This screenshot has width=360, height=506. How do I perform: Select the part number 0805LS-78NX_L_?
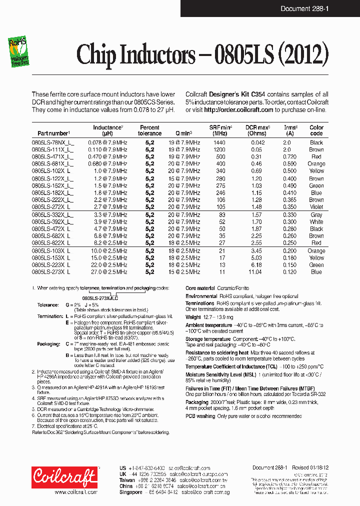click(52, 142)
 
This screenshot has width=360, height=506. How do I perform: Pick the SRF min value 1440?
click(219, 142)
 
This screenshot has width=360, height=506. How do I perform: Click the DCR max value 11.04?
click(255, 272)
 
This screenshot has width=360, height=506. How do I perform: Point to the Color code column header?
click(316, 130)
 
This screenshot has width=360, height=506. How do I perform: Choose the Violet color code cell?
click(316, 206)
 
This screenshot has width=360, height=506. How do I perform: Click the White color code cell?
click(316, 222)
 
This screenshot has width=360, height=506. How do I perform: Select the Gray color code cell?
click(316, 215)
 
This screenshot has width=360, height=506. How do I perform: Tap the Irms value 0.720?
click(290, 156)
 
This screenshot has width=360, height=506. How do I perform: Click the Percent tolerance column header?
click(149, 130)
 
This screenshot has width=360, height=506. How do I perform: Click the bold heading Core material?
click(200, 288)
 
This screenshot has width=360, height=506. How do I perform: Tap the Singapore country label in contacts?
click(131, 492)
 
